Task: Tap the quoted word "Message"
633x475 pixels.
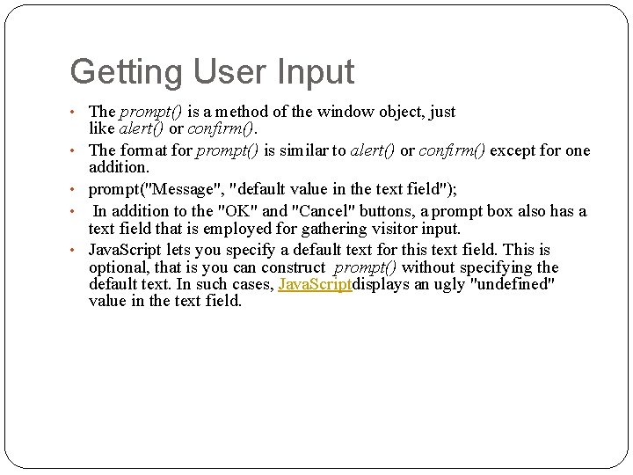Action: (182, 189)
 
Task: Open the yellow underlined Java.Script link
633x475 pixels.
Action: (315, 284)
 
